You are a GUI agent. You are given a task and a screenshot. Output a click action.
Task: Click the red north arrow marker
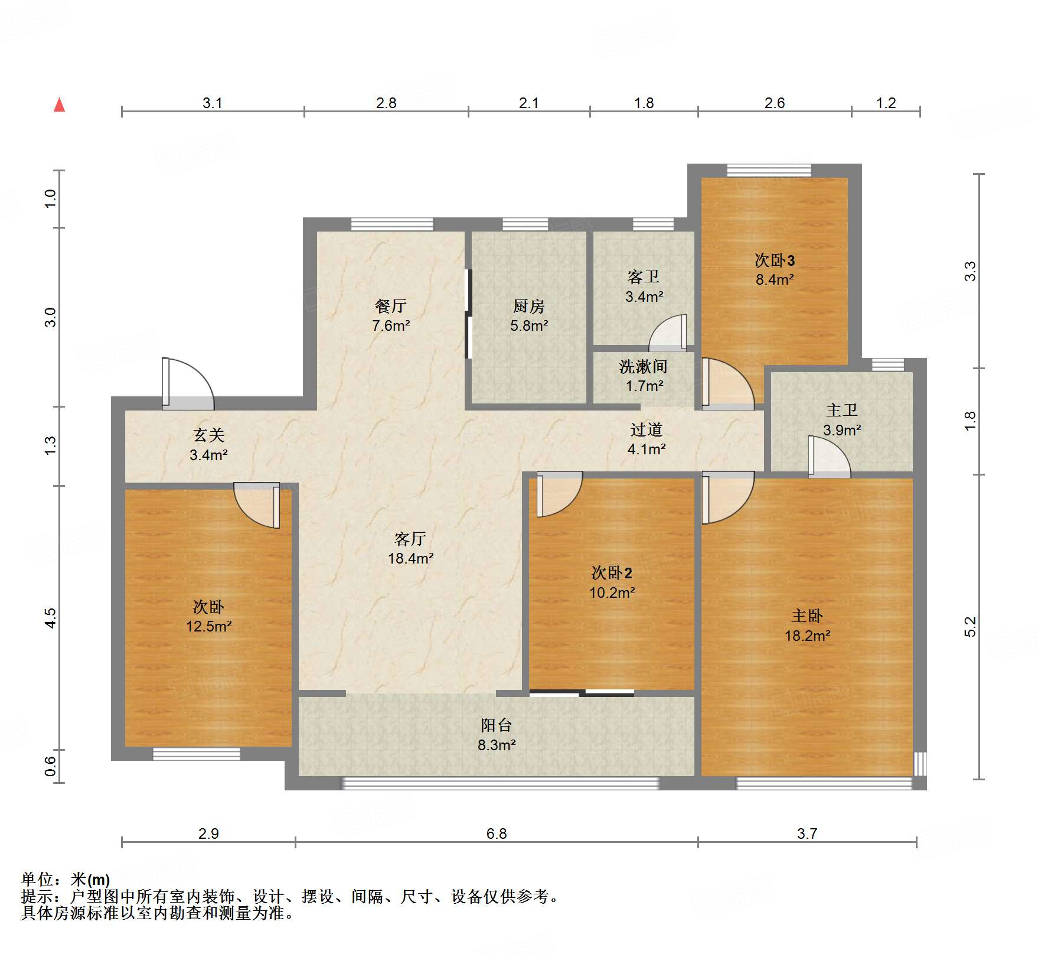[x=59, y=105]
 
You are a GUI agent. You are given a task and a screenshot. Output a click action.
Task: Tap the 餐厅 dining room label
[x=390, y=306]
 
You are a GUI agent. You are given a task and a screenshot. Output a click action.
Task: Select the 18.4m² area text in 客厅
[x=410, y=558]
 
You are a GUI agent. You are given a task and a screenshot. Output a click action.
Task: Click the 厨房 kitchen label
[x=528, y=306]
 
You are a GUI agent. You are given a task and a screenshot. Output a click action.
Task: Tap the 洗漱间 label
[x=643, y=367]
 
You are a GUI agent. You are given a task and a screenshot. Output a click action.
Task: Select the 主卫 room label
[x=841, y=410]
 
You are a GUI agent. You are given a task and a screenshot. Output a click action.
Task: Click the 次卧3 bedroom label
[x=774, y=261]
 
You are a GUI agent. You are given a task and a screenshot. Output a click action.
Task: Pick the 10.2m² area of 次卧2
[x=612, y=592]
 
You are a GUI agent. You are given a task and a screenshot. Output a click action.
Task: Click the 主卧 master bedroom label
[x=807, y=616]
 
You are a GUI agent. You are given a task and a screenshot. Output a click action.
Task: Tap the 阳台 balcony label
[x=496, y=725]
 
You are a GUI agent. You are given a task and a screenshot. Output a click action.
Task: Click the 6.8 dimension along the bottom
[x=496, y=833]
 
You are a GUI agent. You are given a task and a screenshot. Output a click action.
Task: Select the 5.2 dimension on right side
[x=970, y=627]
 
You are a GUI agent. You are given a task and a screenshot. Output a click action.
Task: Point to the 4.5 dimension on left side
[x=50, y=618]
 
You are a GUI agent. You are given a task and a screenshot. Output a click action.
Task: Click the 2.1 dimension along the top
[x=528, y=103]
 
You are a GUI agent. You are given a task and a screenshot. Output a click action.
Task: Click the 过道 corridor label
[x=646, y=429]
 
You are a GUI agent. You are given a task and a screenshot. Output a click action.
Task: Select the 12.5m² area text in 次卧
[x=208, y=627]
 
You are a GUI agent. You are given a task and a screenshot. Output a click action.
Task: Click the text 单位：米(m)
[x=66, y=880]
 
